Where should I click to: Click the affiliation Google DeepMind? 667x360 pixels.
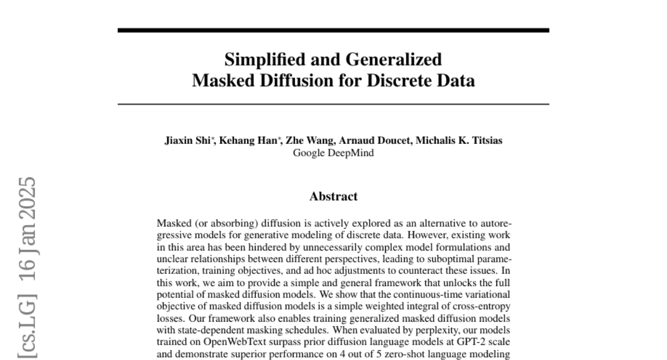coord(333,152)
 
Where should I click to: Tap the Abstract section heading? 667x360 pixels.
coord(333,196)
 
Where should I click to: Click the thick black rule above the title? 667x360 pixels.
coord(333,29)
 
